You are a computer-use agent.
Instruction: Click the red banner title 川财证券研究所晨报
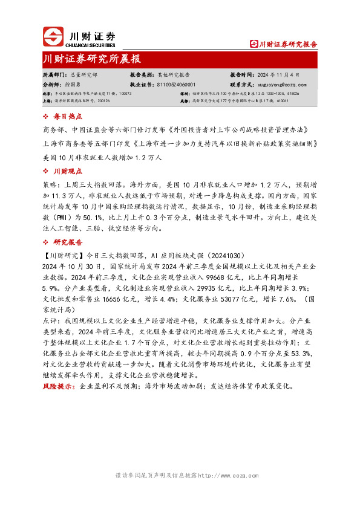(93, 59)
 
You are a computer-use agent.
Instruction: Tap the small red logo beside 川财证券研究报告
(254, 44)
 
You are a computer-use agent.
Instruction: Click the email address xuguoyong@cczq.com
(281, 85)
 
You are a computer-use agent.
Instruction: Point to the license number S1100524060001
(176, 85)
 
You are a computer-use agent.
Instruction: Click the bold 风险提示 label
(59, 386)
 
